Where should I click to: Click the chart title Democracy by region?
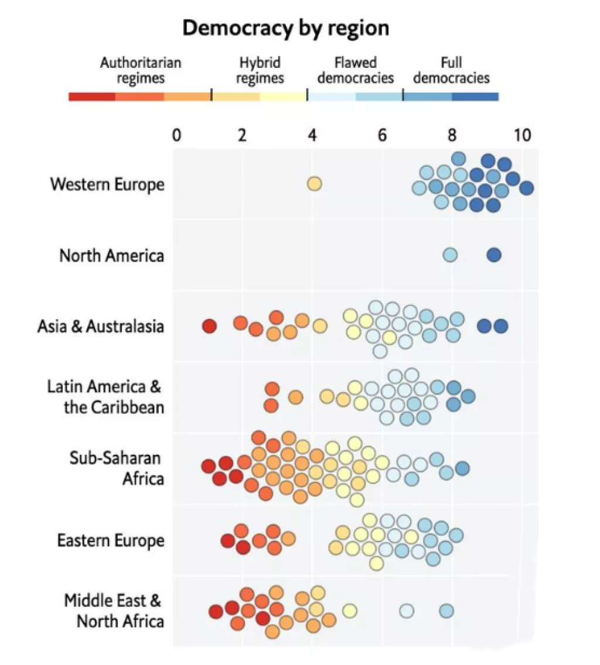pyautogui.click(x=285, y=28)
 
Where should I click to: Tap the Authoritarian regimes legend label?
pyautogui.click(x=141, y=70)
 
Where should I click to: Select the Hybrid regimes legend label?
pyautogui.click(x=260, y=70)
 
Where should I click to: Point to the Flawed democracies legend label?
pyautogui.click(x=356, y=70)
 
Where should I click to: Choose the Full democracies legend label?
pyautogui.click(x=451, y=70)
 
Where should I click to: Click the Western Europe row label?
pyautogui.click(x=107, y=184)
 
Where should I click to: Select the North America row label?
pyautogui.click(x=112, y=255)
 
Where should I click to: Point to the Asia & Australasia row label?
pyautogui.click(x=101, y=326)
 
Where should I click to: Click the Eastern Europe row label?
pyautogui.click(x=111, y=540)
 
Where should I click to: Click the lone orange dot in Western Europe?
pyautogui.click(x=315, y=184)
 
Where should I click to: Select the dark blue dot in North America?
pyautogui.click(x=494, y=255)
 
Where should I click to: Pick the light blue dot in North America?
pyautogui.click(x=450, y=255)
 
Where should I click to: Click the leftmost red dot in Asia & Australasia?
pyautogui.click(x=209, y=327)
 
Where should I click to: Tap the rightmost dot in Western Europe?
pyautogui.click(x=526, y=188)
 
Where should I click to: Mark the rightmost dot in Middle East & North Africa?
pyautogui.click(x=446, y=611)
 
